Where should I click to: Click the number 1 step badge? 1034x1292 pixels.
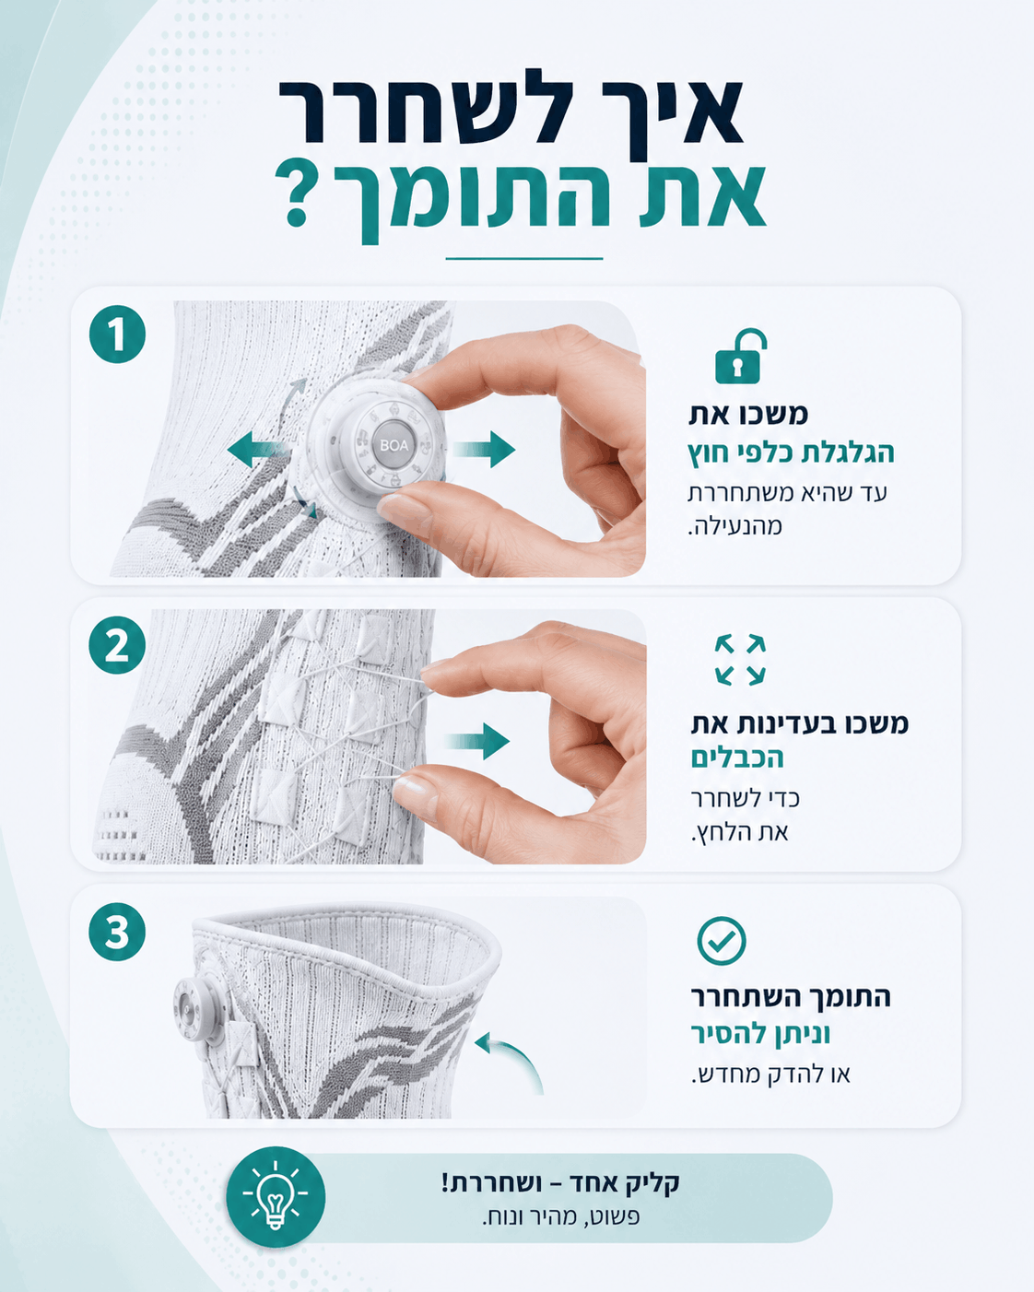click(x=117, y=335)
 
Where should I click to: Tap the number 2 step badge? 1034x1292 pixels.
click(x=117, y=645)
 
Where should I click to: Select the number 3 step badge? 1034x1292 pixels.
click(x=117, y=932)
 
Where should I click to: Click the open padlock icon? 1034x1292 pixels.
click(x=740, y=356)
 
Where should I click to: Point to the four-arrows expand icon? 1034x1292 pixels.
click(x=740, y=659)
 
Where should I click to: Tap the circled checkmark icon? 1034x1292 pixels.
click(x=722, y=940)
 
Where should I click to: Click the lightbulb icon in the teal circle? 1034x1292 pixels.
click(x=275, y=1195)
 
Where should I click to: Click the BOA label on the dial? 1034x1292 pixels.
click(x=394, y=445)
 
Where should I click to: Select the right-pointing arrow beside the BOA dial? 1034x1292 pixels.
click(x=484, y=449)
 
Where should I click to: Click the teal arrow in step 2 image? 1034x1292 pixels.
click(x=476, y=742)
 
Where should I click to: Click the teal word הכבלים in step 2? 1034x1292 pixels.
click(x=737, y=758)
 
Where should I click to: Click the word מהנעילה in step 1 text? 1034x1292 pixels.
click(x=734, y=526)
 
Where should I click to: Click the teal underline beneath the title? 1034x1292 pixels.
click(x=523, y=259)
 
